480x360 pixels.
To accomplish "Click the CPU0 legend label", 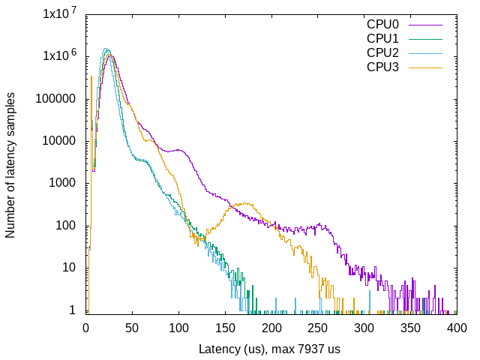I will (x=382, y=23).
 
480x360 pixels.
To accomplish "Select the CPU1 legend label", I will (x=382, y=37).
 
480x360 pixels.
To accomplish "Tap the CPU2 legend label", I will (x=382, y=52).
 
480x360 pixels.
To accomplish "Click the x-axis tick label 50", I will (x=132, y=328).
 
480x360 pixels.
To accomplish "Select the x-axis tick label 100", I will (x=178, y=328).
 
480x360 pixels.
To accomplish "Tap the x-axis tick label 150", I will (x=225, y=328).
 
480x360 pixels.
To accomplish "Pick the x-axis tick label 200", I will (x=271, y=328).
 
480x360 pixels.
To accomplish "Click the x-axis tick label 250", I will (x=318, y=328).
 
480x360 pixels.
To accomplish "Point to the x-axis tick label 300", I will (x=364, y=328).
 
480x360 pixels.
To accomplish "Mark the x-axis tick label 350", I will (x=411, y=328).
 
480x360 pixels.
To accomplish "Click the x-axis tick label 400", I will (x=457, y=328).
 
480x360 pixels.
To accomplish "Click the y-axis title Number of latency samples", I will (x=10, y=165).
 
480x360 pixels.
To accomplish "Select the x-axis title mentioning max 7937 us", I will (x=271, y=349).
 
